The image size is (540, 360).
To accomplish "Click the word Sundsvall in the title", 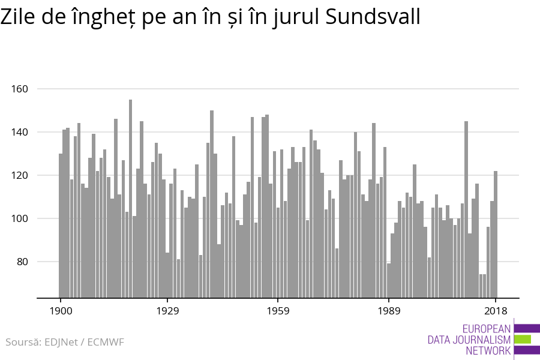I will [373, 17].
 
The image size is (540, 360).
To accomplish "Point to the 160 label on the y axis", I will [20, 89].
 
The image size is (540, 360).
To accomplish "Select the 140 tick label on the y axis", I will [20, 132].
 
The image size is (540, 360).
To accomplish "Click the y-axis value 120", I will [20, 175].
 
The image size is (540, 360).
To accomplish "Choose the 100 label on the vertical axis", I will [20, 218].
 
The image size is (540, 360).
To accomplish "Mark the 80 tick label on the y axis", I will [22, 262].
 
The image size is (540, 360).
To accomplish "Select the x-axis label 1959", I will [278, 311].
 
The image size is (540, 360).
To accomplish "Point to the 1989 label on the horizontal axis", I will [389, 311].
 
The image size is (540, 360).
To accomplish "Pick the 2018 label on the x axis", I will [496, 311].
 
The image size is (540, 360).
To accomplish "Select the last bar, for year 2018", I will [496, 234].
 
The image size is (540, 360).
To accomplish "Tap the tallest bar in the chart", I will [130, 198].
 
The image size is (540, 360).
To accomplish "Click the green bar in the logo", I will [523, 340].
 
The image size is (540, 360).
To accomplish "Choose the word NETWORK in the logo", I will [488, 351].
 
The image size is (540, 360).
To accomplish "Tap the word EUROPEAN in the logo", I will [487, 328].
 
